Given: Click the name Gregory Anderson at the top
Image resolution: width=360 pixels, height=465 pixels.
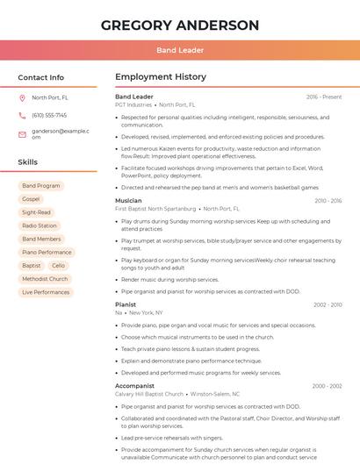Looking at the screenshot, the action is (x=180, y=25).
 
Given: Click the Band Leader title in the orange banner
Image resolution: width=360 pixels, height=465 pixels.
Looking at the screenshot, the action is (x=180, y=50).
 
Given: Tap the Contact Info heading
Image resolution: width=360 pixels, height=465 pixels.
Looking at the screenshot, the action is (x=41, y=77).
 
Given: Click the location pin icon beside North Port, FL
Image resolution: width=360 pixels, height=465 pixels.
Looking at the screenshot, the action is (x=22, y=98).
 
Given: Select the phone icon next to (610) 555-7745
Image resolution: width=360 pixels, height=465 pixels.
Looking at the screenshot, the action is (x=22, y=115).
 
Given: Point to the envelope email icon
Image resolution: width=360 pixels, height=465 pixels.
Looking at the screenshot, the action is (x=22, y=134).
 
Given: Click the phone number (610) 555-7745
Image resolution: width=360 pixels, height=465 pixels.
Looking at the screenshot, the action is (x=49, y=115).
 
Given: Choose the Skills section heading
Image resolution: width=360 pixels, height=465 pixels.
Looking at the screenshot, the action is (x=28, y=162).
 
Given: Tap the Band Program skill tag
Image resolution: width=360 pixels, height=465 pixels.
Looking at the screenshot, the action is (x=41, y=186).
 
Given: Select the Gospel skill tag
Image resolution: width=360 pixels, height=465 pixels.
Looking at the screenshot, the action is (x=32, y=199).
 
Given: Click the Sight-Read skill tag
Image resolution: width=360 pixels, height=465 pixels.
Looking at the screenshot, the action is (x=37, y=212).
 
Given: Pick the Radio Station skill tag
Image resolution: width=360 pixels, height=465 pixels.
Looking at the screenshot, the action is (x=40, y=225).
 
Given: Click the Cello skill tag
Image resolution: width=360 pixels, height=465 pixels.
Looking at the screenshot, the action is (x=58, y=265).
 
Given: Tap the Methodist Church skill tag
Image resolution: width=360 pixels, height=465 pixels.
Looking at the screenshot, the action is (x=45, y=279).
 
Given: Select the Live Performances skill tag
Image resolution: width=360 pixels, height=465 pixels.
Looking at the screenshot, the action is (x=46, y=292).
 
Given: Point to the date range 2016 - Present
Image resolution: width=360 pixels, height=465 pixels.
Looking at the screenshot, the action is (x=324, y=97).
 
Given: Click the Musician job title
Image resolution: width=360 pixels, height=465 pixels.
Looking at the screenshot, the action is (x=128, y=201).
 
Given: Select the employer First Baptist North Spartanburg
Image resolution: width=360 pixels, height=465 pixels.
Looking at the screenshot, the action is (x=155, y=209).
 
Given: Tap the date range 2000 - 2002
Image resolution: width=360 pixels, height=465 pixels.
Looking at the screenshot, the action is (x=327, y=386).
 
